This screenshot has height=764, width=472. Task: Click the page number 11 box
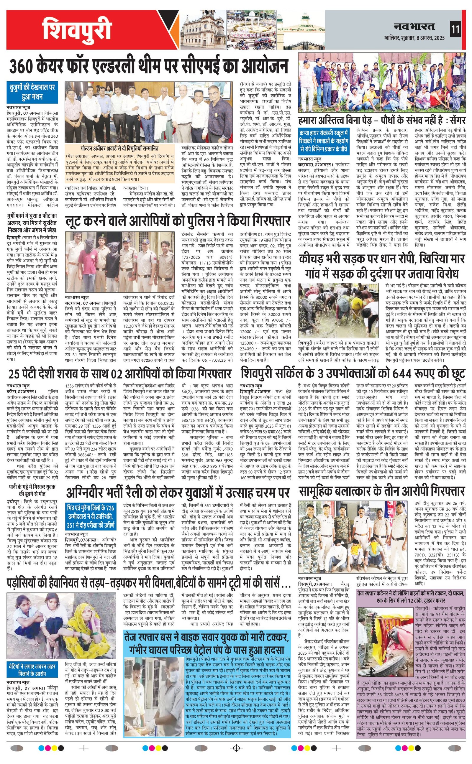(x=455, y=30)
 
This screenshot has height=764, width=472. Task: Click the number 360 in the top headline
(x=22, y=66)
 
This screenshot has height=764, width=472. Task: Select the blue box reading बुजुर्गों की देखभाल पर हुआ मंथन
(x=32, y=92)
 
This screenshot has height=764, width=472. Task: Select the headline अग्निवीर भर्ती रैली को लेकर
(x=178, y=493)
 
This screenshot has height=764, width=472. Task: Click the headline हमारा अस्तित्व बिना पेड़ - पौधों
(x=381, y=121)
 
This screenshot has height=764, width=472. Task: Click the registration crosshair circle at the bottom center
(x=236, y=746)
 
